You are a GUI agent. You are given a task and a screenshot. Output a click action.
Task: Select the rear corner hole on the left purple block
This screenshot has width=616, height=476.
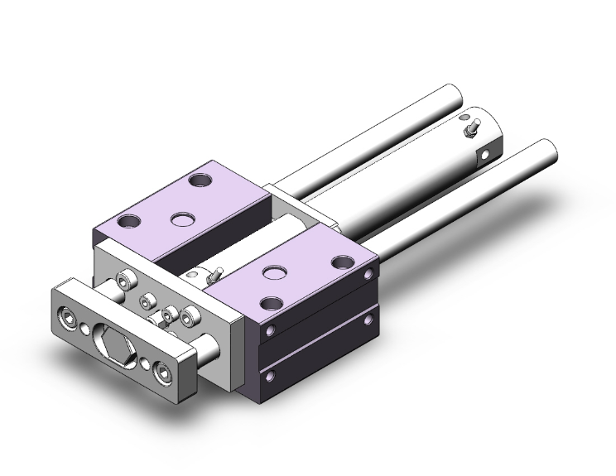click(200, 179)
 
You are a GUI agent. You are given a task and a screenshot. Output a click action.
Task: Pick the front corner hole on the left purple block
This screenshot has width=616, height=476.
click(128, 222)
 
